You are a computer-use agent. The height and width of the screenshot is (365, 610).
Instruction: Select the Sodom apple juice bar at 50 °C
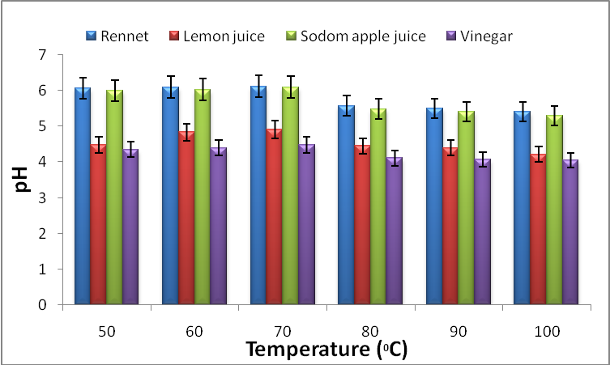coord(115,198)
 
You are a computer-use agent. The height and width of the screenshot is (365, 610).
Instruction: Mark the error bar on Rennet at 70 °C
coord(258,86)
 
